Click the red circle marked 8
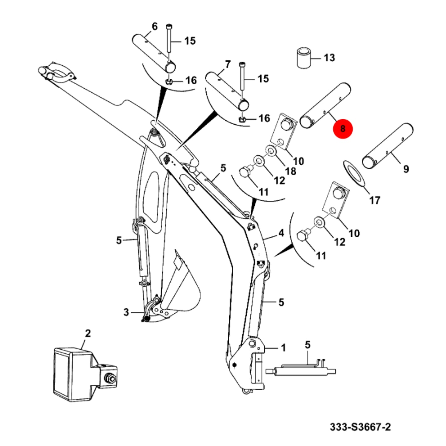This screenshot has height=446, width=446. click(343, 129)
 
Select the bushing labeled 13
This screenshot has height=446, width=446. click(304, 58)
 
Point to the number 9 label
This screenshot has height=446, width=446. click(406, 169)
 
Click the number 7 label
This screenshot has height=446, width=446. click(228, 64)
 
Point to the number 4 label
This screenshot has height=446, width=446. click(281, 233)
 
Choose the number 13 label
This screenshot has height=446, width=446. click(329, 58)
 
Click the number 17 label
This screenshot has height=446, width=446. click(375, 200)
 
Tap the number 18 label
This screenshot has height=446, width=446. click(290, 171)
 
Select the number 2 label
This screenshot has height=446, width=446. click(88, 334)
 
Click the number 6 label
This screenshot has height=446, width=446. click(154, 26)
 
